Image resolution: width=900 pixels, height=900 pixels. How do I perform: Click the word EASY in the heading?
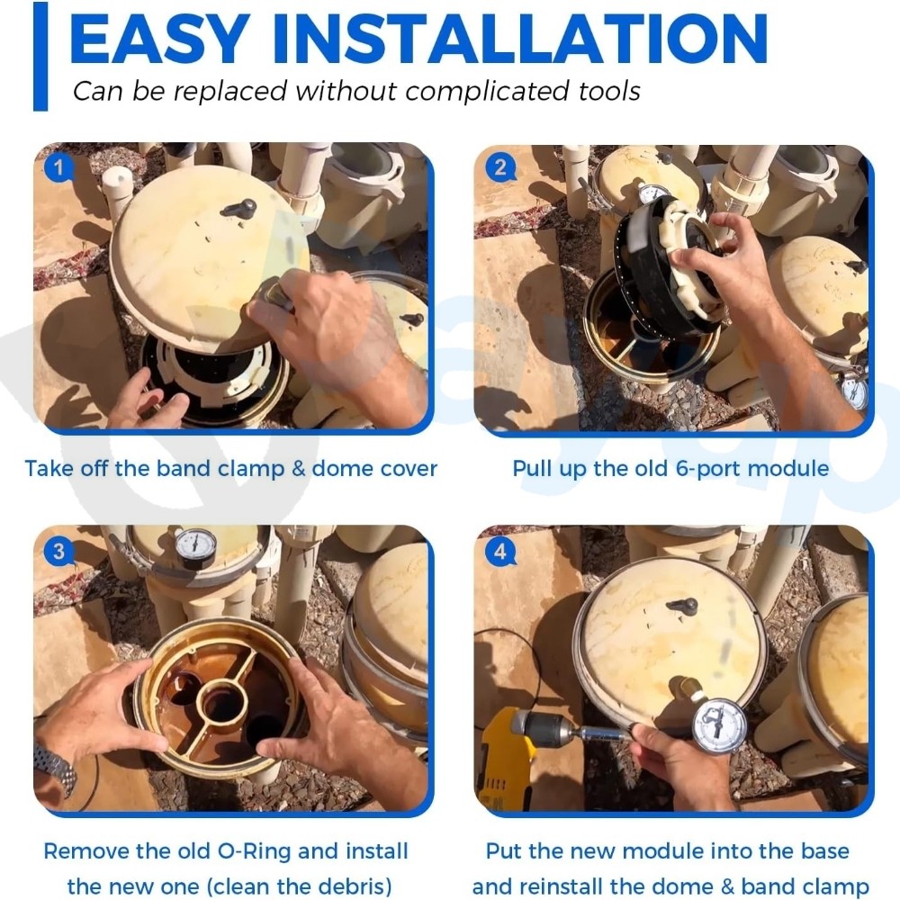(x=159, y=38)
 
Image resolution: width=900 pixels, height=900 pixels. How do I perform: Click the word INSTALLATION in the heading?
(x=520, y=38)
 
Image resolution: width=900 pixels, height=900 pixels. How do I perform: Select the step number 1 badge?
(x=58, y=167)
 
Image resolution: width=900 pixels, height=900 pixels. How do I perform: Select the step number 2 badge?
(x=499, y=167)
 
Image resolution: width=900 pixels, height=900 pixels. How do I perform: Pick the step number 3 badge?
(x=58, y=552)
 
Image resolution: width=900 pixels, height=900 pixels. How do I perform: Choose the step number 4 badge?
(x=499, y=552)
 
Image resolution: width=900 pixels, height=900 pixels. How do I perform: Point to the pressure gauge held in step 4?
(x=718, y=724)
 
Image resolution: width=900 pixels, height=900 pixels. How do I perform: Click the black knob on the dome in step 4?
(x=683, y=606)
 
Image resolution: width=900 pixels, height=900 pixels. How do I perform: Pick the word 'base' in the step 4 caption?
(x=823, y=851)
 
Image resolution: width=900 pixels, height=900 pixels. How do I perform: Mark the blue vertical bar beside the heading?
(x=40, y=56)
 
